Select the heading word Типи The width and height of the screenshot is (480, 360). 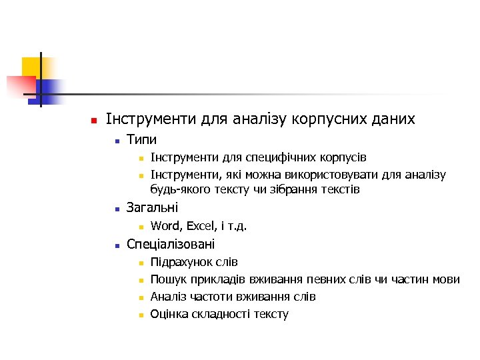[141, 140]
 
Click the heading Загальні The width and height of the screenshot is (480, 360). [152, 209]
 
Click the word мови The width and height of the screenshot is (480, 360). [446, 279]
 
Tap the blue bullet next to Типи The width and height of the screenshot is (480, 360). [116, 141]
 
